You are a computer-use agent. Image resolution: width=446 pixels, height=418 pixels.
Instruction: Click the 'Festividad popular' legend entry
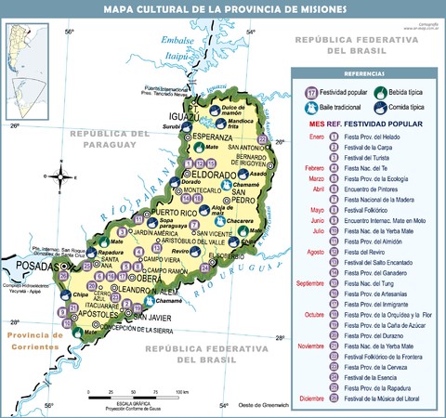point(334,92)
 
